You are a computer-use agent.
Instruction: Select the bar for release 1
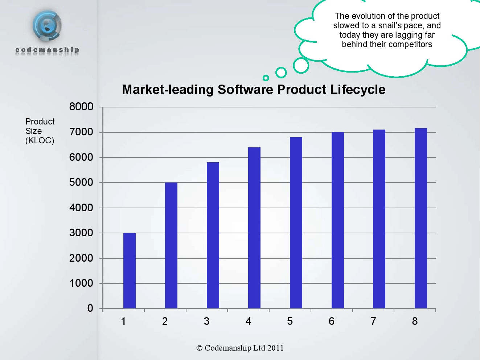click(x=130, y=271)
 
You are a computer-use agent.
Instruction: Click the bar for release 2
click(x=171, y=245)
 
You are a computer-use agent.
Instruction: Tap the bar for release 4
click(x=254, y=228)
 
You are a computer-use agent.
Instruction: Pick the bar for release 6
click(x=338, y=220)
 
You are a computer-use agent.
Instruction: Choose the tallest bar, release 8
click(x=421, y=218)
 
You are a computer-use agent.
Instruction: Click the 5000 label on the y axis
click(x=81, y=183)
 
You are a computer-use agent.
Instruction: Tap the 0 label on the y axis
click(x=90, y=308)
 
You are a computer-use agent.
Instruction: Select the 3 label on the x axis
click(x=207, y=321)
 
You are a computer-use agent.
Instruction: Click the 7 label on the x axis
click(x=373, y=321)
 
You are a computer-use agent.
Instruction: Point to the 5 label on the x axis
click(x=290, y=321)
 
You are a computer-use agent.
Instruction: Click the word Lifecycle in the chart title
click(x=358, y=90)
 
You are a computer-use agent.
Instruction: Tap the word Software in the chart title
click(x=245, y=89)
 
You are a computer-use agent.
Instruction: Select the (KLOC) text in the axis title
click(x=40, y=141)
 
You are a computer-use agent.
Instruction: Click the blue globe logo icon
click(x=47, y=26)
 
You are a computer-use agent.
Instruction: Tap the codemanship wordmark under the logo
click(x=47, y=50)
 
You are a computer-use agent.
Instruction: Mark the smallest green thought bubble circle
click(x=266, y=78)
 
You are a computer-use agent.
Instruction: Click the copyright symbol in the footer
click(x=199, y=348)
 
